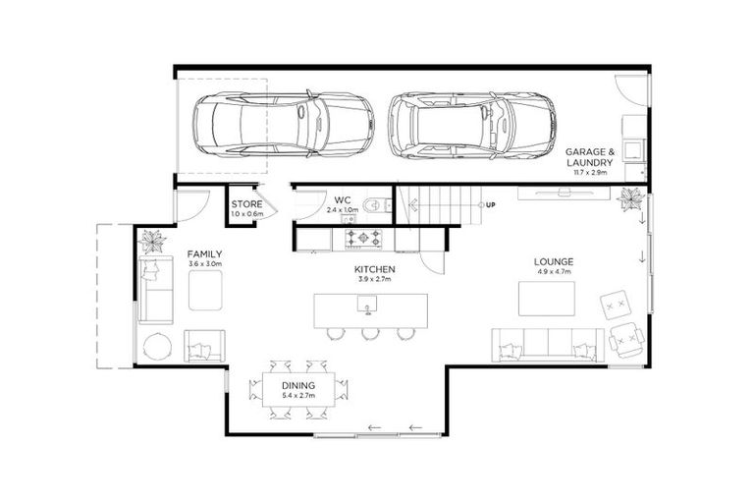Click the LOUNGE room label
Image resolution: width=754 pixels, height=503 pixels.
(554, 262)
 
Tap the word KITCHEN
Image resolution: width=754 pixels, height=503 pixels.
(375, 268)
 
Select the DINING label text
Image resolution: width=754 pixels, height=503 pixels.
(298, 385)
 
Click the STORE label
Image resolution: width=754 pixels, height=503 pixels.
(246, 204)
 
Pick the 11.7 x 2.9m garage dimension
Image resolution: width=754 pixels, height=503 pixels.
(589, 172)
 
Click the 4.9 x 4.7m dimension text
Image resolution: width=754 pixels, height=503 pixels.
(554, 273)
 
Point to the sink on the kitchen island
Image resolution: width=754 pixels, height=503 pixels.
(368, 310)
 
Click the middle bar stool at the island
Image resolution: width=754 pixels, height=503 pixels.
(370, 334)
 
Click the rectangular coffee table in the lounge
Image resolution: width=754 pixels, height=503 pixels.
(547, 299)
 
